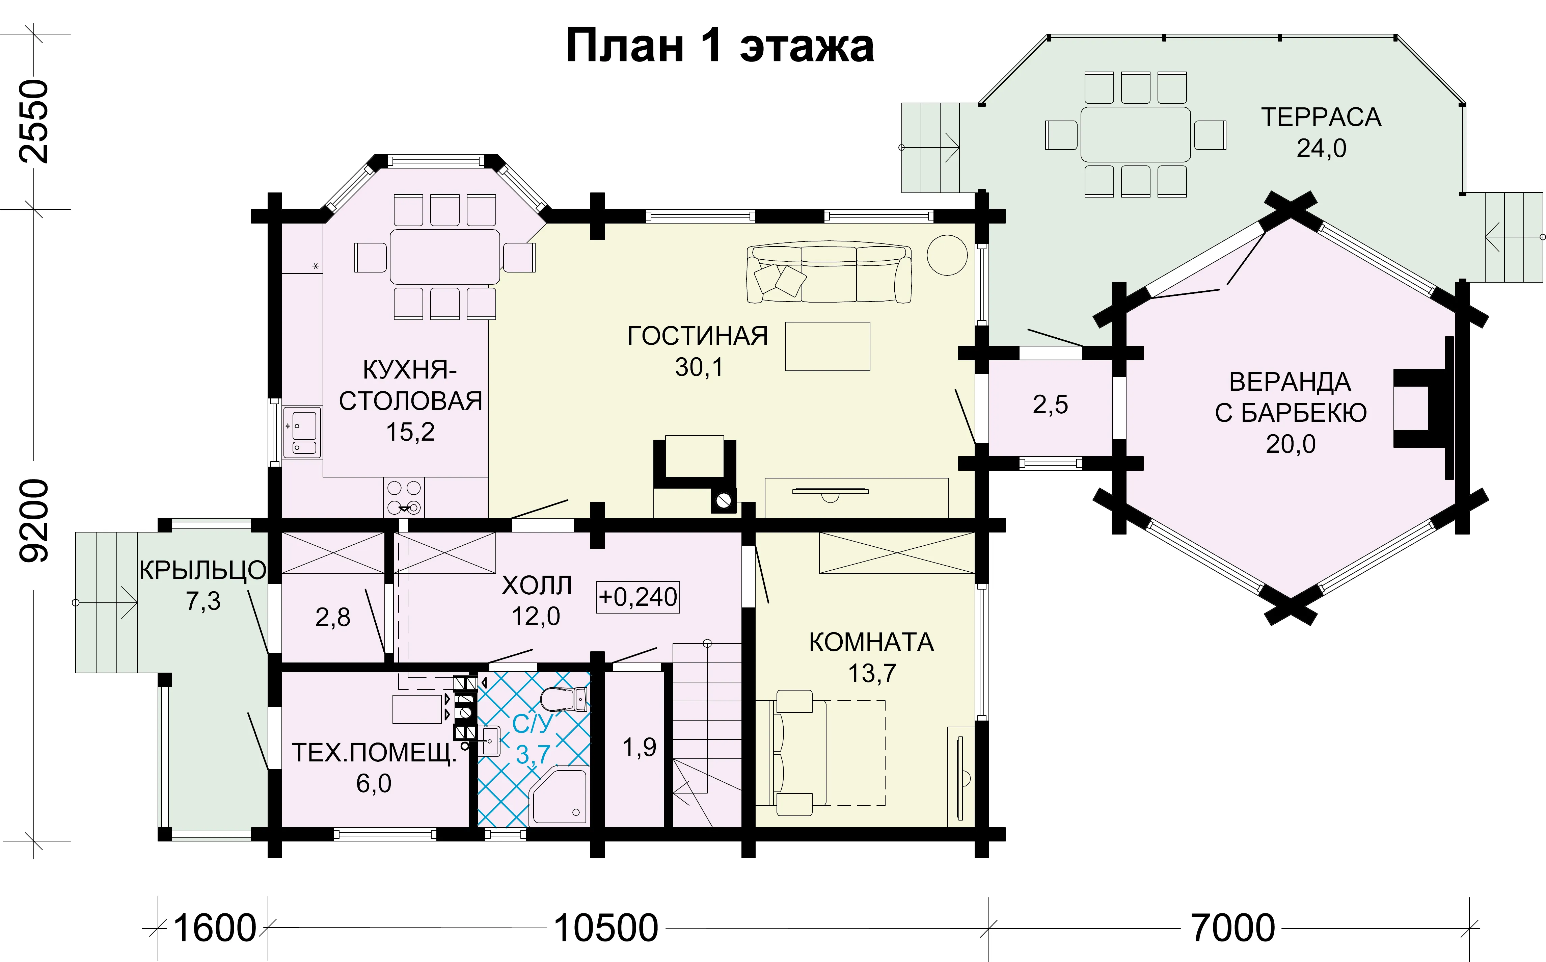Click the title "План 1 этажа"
click(x=720, y=46)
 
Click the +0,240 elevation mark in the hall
click(x=638, y=597)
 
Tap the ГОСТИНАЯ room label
click(x=698, y=336)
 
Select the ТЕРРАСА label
click(x=1321, y=117)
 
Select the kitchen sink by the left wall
click(x=303, y=433)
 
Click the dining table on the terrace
click(x=1135, y=134)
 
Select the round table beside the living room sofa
click(x=947, y=255)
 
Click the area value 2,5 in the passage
click(x=1050, y=405)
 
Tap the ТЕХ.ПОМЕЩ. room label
click(x=374, y=753)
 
